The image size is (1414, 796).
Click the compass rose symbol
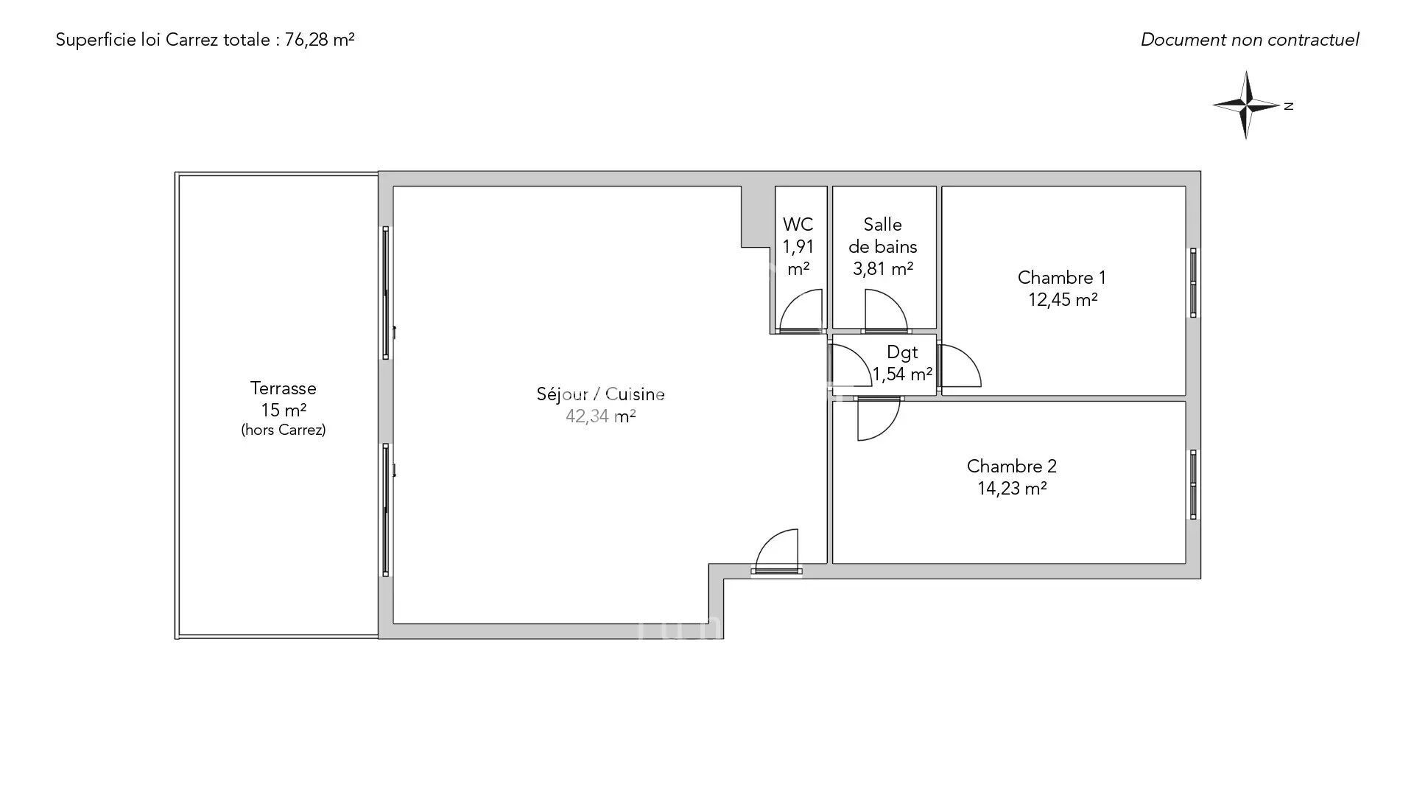(1247, 105)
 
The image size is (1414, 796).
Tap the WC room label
(798, 224)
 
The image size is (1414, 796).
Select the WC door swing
(801, 310)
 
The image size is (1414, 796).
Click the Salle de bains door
(886, 310)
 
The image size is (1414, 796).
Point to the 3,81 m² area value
(883, 269)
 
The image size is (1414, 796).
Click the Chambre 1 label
(1062, 278)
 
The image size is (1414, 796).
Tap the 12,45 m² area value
(1063, 300)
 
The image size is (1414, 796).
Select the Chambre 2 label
(1012, 467)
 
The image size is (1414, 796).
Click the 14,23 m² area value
(1013, 489)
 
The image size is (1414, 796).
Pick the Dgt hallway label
(902, 352)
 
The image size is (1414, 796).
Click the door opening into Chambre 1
(959, 366)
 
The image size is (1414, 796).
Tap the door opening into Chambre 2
(878, 419)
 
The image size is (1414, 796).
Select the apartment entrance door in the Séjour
(777, 551)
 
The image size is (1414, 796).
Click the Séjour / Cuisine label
(601, 394)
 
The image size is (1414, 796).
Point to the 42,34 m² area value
(601, 416)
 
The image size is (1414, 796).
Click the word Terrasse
(284, 388)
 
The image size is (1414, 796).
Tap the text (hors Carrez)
(284, 430)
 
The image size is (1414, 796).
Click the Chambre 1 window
(1194, 283)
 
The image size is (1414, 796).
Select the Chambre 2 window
(1194, 484)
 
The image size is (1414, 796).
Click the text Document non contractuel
(1250, 40)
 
